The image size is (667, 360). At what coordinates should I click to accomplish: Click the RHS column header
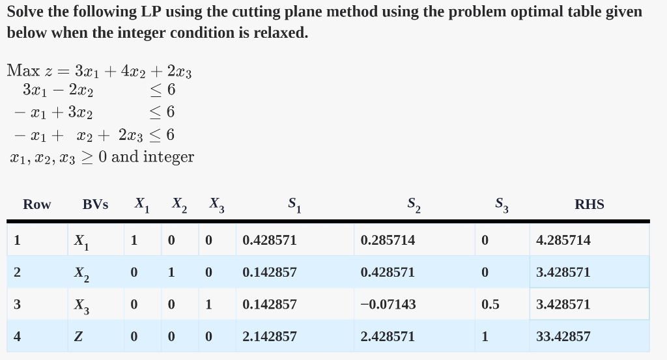click(589, 204)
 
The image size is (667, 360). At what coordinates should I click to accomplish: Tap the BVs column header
click(95, 204)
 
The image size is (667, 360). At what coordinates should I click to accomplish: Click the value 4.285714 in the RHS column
click(563, 240)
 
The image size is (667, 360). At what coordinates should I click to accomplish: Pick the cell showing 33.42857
click(563, 337)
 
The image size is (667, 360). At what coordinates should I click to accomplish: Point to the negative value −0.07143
click(388, 304)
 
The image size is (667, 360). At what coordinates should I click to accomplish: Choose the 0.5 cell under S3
click(490, 304)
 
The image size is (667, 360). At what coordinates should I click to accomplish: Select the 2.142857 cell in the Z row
click(269, 337)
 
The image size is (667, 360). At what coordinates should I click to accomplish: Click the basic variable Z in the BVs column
click(78, 337)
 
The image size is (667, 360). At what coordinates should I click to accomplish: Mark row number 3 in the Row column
click(18, 304)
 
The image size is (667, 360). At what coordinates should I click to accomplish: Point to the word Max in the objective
click(24, 70)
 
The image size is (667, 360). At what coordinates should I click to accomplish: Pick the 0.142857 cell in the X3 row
click(269, 304)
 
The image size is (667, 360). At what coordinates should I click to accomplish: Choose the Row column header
click(36, 204)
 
